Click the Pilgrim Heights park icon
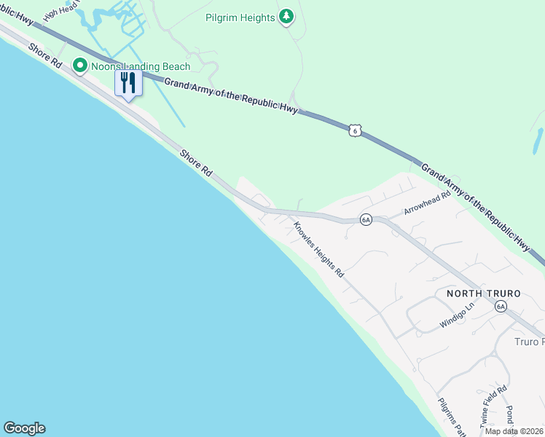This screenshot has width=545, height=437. (x=287, y=17)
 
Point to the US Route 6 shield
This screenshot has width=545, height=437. (x=354, y=130)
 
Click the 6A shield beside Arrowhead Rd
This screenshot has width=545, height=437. (x=366, y=219)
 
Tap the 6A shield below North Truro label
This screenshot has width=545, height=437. (x=501, y=307)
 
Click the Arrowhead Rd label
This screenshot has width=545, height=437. (x=428, y=205)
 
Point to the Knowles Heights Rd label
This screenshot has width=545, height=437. (x=318, y=249)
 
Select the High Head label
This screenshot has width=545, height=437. (x=60, y=9)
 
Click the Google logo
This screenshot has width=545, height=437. (x=24, y=428)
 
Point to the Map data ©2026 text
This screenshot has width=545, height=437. (x=513, y=431)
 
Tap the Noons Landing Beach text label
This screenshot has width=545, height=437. (x=140, y=67)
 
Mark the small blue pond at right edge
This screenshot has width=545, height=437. (x=538, y=141)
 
